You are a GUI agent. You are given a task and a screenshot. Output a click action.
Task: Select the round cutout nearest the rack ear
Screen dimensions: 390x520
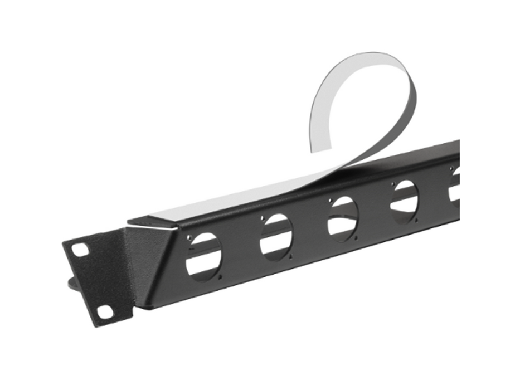[203, 257]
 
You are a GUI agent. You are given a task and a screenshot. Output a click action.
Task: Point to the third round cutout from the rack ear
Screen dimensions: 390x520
[343, 218]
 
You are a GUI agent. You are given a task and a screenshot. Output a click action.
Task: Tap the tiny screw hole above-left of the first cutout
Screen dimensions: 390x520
[189, 238]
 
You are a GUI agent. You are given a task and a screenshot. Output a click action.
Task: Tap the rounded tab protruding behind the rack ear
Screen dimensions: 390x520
[71, 284]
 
